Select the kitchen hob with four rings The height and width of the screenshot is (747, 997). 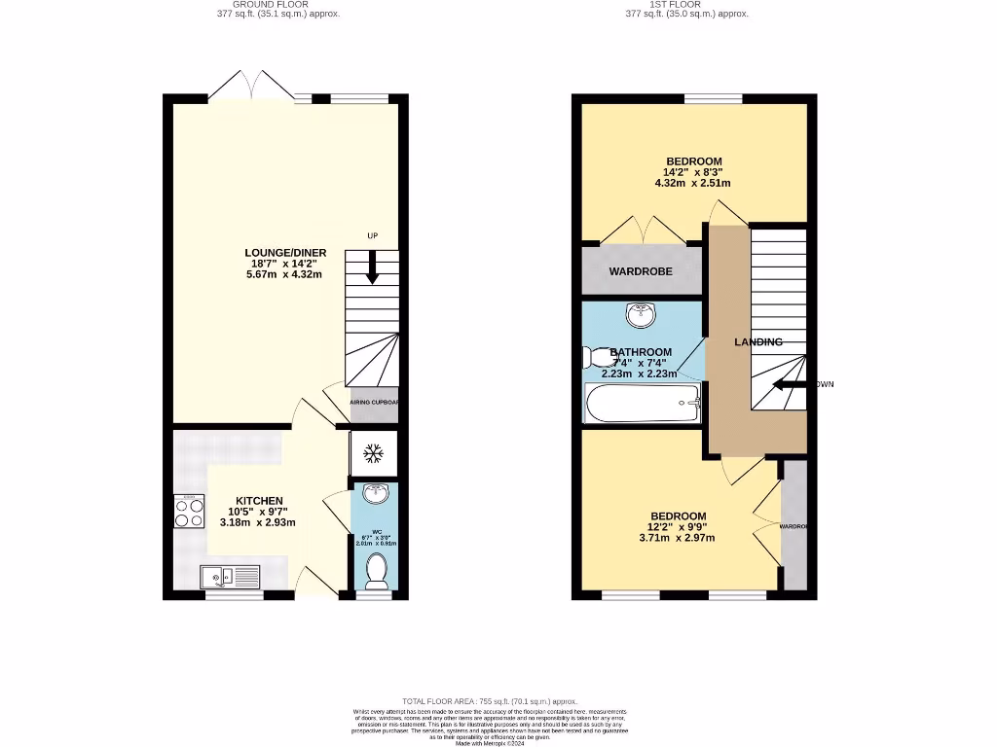(x=189, y=512)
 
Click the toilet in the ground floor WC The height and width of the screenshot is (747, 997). (x=373, y=573)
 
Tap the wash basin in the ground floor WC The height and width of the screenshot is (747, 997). (x=373, y=495)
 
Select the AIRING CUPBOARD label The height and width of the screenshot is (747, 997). (x=374, y=402)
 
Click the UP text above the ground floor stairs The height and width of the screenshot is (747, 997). (x=372, y=236)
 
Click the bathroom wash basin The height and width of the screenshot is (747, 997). (x=642, y=315)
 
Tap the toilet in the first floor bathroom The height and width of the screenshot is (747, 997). (x=595, y=357)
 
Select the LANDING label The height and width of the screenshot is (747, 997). (x=757, y=342)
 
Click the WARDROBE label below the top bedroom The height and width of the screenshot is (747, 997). (x=641, y=271)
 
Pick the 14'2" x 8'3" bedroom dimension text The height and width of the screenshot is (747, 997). (x=693, y=172)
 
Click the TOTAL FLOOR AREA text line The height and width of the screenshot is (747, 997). (x=490, y=701)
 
